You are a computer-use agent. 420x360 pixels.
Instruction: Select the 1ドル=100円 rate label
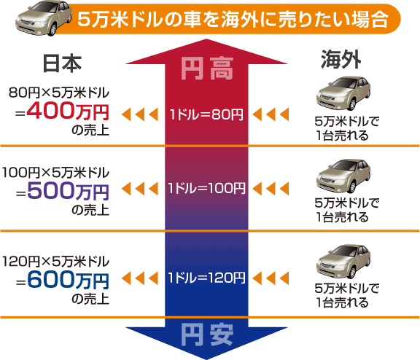point(209,189)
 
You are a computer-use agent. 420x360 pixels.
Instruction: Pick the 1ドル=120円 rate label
point(209,278)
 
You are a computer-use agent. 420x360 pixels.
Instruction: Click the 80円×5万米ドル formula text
point(58,93)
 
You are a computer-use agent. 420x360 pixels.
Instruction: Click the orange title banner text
point(233,18)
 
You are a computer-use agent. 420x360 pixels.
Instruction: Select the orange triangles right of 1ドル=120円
point(276,278)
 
